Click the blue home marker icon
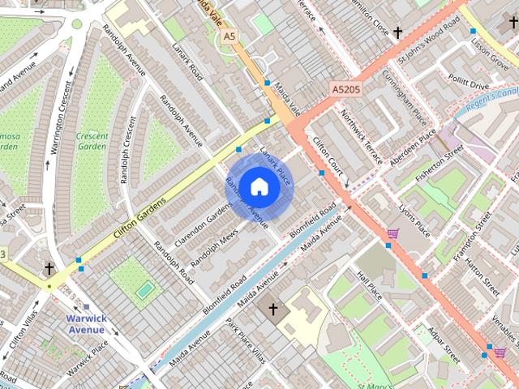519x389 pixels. [x=259, y=186]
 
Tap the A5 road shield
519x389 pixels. [x=229, y=36]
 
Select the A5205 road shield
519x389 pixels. [x=346, y=87]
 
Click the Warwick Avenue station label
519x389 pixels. [x=85, y=324]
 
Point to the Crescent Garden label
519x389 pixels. [x=92, y=141]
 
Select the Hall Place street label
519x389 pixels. [x=369, y=284]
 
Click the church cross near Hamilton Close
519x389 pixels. [x=397, y=33]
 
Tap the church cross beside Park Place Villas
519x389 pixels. [x=273, y=309]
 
